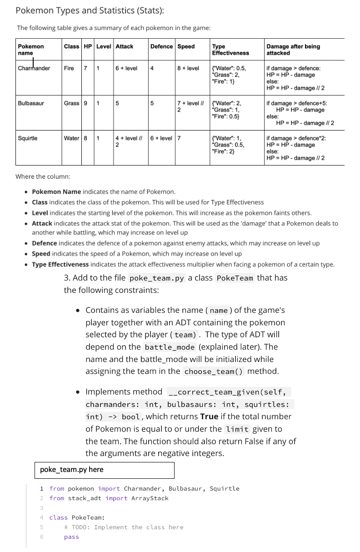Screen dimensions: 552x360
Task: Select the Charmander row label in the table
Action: click(x=34, y=68)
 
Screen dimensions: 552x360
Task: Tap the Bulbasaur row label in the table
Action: click(x=31, y=103)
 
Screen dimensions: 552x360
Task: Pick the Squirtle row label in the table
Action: click(x=28, y=138)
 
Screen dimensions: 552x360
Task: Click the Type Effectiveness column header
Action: click(x=230, y=50)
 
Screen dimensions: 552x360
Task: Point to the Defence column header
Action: click(x=161, y=46)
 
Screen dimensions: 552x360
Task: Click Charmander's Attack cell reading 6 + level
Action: click(x=126, y=68)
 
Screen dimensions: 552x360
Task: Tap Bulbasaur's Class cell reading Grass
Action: click(x=71, y=103)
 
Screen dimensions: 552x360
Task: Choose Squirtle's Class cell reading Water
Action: click(x=71, y=138)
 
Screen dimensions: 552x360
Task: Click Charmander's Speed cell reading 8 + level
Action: click(x=188, y=68)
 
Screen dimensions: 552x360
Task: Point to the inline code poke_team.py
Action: click(x=157, y=278)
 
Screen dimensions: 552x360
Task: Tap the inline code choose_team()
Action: click(x=214, y=371)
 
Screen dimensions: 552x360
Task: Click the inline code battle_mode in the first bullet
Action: click(x=170, y=347)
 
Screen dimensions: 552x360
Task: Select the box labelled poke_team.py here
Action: click(x=104, y=470)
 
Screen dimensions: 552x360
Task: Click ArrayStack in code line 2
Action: click(x=150, y=498)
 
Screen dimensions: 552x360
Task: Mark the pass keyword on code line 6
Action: click(x=71, y=537)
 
